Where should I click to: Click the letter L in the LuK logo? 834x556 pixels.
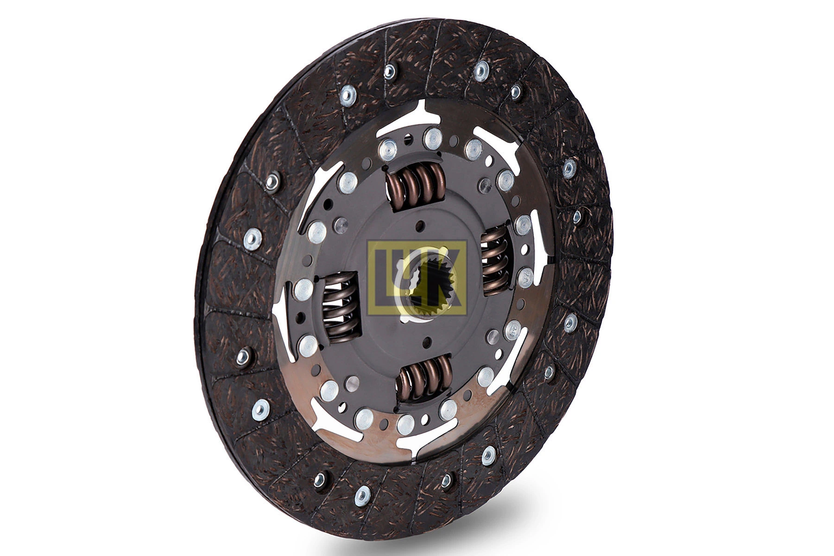point(381,278)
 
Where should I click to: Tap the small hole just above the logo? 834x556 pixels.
point(420,225)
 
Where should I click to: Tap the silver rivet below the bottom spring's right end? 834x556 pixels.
point(448,408)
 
